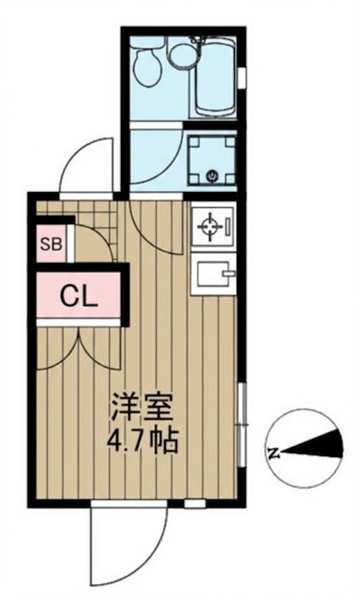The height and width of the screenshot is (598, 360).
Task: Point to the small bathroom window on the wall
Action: (x=244, y=75)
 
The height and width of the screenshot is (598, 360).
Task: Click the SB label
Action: (x=51, y=244)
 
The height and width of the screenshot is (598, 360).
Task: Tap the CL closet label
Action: (x=79, y=298)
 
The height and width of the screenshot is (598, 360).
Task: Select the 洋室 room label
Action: (x=142, y=409)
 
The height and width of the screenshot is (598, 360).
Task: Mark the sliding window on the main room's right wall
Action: (x=241, y=415)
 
